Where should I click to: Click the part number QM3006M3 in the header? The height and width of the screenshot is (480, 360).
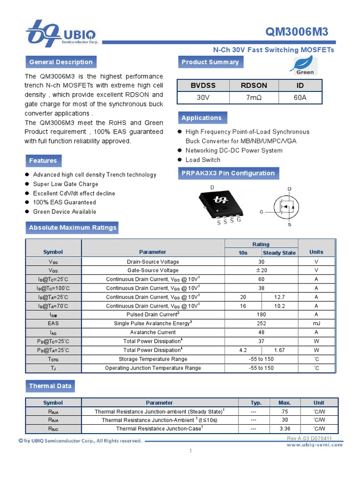[x=297, y=32]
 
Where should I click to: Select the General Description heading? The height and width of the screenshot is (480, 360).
[x=61, y=62]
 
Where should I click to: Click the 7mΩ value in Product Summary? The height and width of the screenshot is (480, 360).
[x=254, y=97]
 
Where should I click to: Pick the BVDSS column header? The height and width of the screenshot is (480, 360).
[x=203, y=85]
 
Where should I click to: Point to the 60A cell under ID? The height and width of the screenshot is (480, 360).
[x=300, y=97]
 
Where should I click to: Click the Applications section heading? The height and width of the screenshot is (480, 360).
[x=202, y=118]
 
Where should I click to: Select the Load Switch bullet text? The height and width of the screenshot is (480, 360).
[x=203, y=160]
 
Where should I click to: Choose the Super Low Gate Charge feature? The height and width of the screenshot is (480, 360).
[x=66, y=184]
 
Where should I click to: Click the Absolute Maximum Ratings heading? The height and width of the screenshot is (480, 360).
[x=73, y=228]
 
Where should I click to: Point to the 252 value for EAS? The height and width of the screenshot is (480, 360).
[x=261, y=323]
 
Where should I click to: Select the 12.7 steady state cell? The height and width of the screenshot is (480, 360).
[x=279, y=297]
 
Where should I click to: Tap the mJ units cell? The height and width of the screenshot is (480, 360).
[x=316, y=323]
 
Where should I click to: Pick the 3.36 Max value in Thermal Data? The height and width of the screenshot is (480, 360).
[x=285, y=429]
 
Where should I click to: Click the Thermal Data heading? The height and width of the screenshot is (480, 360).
[x=50, y=386]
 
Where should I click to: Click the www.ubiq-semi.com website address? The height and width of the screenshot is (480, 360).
[x=315, y=444]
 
